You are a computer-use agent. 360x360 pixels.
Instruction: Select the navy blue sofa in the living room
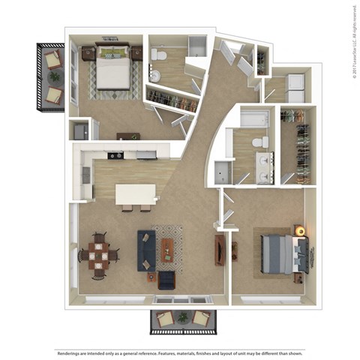point(145,250)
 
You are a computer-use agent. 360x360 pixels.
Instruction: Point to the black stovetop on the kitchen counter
point(115,155)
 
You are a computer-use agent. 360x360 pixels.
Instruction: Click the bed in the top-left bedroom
point(112,68)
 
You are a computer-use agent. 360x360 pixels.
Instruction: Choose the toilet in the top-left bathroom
point(158,56)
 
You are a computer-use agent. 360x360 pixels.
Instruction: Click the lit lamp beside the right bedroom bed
point(300,230)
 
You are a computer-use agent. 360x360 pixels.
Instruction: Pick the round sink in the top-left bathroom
point(154,75)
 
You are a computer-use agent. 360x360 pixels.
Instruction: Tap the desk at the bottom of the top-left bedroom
point(127,136)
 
